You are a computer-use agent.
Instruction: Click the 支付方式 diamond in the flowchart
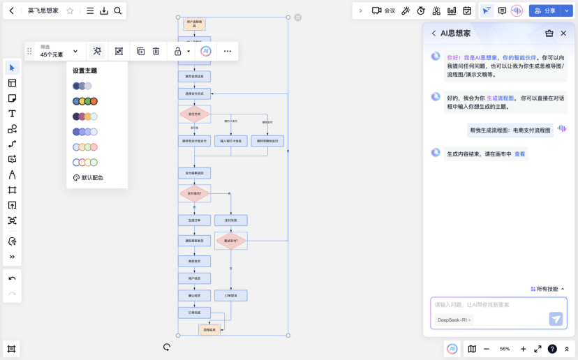tap(194, 114)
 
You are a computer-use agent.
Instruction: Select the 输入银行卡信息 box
tap(231, 141)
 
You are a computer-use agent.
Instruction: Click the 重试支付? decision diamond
tap(231, 241)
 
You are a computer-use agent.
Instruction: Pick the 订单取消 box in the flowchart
tap(231, 296)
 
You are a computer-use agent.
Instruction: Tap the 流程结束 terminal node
tap(209, 329)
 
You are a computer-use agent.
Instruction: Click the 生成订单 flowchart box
tap(194, 220)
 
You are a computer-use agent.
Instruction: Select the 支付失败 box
tap(231, 220)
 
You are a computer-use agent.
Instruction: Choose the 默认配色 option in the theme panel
tap(88, 178)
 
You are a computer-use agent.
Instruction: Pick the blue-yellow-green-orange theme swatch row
tap(85, 101)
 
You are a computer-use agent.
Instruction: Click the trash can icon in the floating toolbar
tap(156, 51)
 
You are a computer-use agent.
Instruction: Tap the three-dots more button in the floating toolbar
tap(228, 51)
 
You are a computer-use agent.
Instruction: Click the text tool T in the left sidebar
tap(12, 113)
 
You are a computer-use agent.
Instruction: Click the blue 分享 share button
tap(544, 10)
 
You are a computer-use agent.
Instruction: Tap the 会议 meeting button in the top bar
tap(383, 10)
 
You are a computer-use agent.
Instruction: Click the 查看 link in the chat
tap(520, 154)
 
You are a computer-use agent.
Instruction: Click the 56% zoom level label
tap(505, 349)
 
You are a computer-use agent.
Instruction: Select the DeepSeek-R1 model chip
tap(453, 320)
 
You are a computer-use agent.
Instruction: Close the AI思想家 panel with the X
tap(564, 33)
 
